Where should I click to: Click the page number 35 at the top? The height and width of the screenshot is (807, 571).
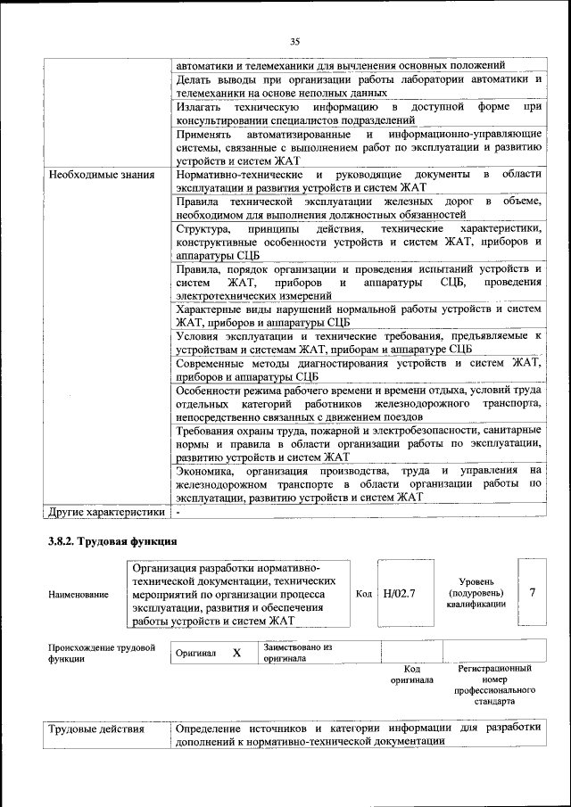click(294, 40)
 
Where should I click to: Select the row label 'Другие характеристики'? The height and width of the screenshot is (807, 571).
click(106, 513)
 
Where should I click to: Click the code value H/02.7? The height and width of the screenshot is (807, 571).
click(399, 593)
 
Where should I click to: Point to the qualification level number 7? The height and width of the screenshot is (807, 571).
click(533, 592)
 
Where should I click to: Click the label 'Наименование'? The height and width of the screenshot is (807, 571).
click(79, 594)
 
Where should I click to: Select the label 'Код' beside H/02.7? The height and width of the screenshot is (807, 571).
click(364, 593)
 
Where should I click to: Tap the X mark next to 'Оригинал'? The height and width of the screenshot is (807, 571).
click(237, 653)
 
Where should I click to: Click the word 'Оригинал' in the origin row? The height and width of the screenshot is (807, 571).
click(195, 654)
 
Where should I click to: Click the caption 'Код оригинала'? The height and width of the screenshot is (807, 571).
click(411, 674)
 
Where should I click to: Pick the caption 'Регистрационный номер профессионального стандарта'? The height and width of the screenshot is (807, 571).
click(494, 685)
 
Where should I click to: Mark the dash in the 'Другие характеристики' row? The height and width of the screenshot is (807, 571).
click(178, 513)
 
